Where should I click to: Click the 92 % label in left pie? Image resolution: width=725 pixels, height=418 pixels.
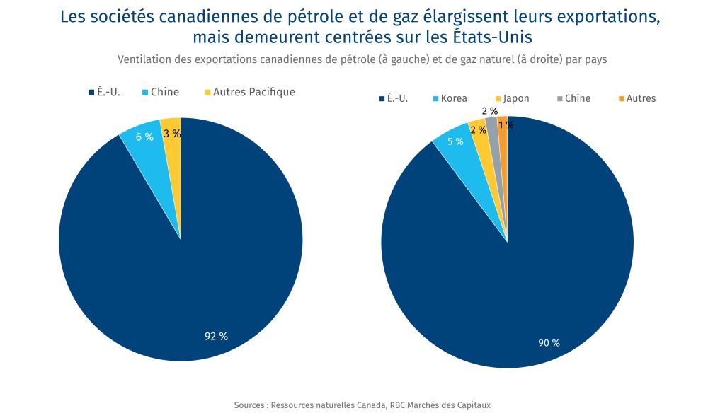pos(216,337)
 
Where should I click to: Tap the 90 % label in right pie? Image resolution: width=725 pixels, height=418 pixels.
pos(549,343)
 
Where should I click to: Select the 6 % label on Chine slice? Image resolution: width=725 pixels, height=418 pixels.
pos(144,137)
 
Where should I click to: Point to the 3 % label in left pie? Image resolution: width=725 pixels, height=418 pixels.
pos(172,133)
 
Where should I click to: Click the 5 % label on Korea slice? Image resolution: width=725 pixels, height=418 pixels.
pos(455,141)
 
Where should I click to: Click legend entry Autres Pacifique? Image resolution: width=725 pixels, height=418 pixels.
pos(249,92)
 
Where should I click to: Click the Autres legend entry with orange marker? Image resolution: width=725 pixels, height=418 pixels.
pos(636,98)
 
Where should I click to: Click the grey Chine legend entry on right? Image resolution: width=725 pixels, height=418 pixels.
pos(573,98)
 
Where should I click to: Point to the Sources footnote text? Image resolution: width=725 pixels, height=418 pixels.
pos(362,405)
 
